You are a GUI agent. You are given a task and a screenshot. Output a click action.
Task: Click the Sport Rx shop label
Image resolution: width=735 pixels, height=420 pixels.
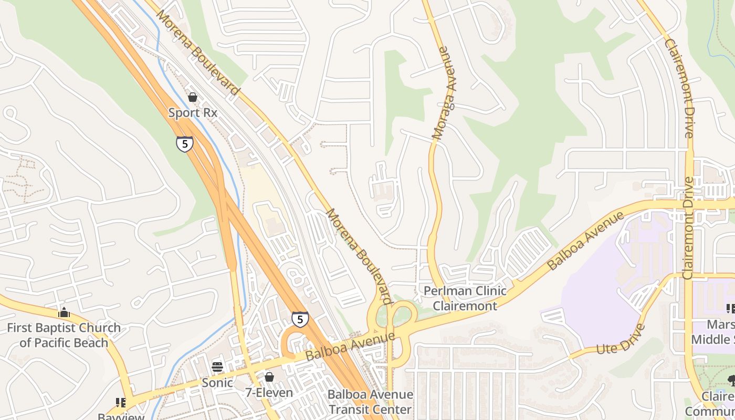tap(192, 112)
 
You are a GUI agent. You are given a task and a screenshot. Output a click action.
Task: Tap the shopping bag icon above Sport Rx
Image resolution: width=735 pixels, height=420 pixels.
tap(192, 97)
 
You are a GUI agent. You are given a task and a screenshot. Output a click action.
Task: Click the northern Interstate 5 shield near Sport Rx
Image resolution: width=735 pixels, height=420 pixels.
tap(184, 143)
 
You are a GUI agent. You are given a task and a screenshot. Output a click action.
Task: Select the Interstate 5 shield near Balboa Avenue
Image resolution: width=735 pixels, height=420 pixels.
tap(300, 319)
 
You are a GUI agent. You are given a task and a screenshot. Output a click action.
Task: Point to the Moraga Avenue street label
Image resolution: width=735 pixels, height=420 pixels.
tap(443, 93)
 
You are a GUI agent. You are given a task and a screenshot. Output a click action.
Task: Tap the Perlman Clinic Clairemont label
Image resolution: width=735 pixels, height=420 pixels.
tap(465, 298)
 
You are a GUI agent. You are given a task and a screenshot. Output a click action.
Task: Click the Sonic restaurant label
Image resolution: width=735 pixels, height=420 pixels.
tap(217, 383)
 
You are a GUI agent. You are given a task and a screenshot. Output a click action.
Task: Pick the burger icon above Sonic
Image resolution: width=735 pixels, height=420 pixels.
tap(217, 367)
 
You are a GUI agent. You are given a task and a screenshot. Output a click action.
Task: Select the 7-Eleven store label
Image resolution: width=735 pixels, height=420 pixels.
tap(269, 392)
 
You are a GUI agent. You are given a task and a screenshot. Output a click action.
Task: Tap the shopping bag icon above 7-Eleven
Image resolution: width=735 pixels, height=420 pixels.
tap(269, 377)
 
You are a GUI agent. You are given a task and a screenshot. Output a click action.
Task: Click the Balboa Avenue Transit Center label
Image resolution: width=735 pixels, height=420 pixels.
tap(370, 402)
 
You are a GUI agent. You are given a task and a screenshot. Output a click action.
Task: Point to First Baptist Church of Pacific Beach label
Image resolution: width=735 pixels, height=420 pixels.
tap(64, 335)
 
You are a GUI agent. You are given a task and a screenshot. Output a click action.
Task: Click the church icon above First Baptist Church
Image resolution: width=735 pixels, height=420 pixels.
tap(64, 313)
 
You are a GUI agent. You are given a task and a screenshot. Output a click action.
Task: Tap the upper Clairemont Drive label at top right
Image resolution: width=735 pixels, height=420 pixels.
tap(679, 88)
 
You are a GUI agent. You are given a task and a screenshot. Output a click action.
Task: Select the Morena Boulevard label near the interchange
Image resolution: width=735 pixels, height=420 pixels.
tap(359, 256)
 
